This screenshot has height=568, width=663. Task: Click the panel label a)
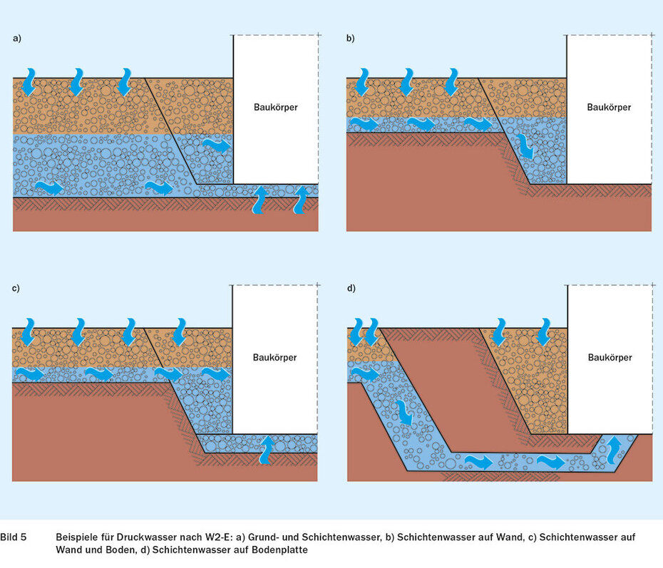click(x=16, y=39)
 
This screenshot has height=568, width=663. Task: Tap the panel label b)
click(x=350, y=39)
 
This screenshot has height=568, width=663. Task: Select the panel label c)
click(x=16, y=289)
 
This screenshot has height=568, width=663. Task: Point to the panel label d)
click(x=350, y=289)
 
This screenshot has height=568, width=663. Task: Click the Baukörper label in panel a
click(x=275, y=108)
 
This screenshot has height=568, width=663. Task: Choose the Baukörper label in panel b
click(x=609, y=108)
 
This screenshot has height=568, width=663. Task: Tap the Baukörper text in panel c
click(x=275, y=357)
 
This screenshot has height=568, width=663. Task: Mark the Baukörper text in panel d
click(x=609, y=357)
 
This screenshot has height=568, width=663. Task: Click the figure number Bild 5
click(x=14, y=536)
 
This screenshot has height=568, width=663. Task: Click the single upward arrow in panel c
click(x=267, y=448)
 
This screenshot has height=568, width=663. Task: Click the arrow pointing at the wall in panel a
click(x=217, y=146)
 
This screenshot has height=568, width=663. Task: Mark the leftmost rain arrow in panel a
click(x=29, y=82)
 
